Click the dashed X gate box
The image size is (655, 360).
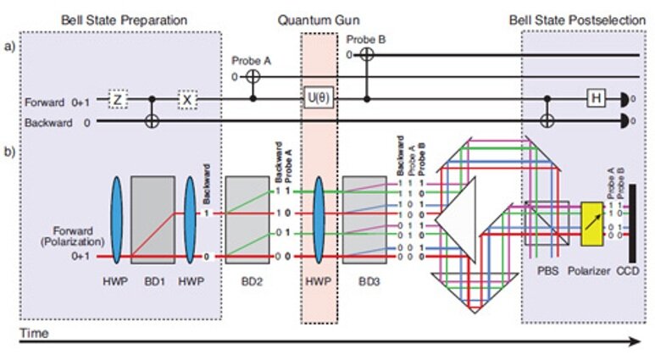pyautogui.click(x=188, y=99)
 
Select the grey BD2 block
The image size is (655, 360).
pyautogui.click(x=247, y=219)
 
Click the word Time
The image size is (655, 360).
pyautogui.click(x=34, y=333)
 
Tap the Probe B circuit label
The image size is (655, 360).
pyautogui.click(x=366, y=38)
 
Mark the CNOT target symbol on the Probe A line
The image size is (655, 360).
pyautogui.click(x=253, y=77)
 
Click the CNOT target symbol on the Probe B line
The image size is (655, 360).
pyautogui.click(x=366, y=54)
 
